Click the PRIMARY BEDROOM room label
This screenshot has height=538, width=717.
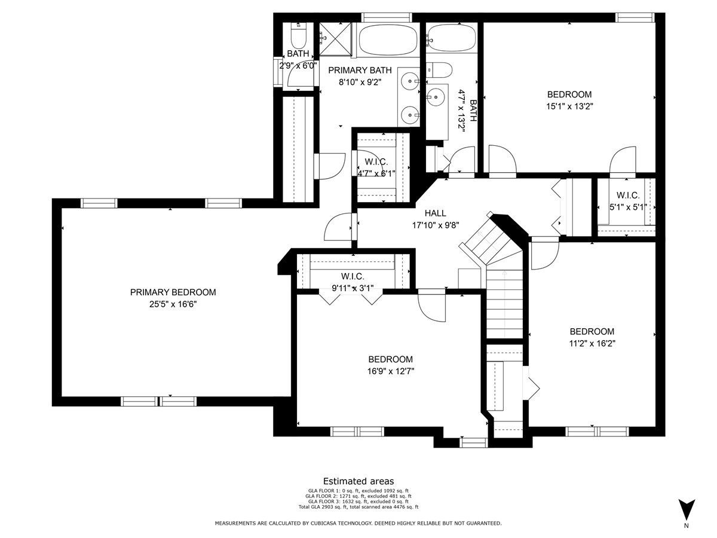[x=173, y=292]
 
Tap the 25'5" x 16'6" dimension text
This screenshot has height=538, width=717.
[x=173, y=304]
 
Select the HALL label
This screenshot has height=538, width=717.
[x=436, y=213]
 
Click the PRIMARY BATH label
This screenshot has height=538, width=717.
[x=360, y=70]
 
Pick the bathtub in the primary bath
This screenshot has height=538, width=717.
[x=388, y=40]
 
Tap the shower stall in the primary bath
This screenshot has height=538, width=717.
[x=335, y=39]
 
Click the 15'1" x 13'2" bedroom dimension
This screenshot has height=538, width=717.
[x=569, y=106]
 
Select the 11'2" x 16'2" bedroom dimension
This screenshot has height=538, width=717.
[x=592, y=344]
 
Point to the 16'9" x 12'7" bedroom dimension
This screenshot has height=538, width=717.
[x=391, y=371]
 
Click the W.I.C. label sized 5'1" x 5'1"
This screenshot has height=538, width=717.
[x=628, y=195]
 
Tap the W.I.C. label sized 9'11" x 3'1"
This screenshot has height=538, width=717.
[x=353, y=276]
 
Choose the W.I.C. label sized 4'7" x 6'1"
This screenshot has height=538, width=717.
[x=376, y=161]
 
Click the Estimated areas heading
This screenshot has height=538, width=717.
[x=358, y=481]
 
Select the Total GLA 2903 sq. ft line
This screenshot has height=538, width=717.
[x=358, y=507]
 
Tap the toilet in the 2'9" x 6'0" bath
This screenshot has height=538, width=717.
[x=298, y=36]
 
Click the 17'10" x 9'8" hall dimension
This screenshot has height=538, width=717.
[x=436, y=225]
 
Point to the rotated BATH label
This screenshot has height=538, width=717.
[x=473, y=111]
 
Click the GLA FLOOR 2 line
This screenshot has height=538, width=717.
[x=358, y=496]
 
